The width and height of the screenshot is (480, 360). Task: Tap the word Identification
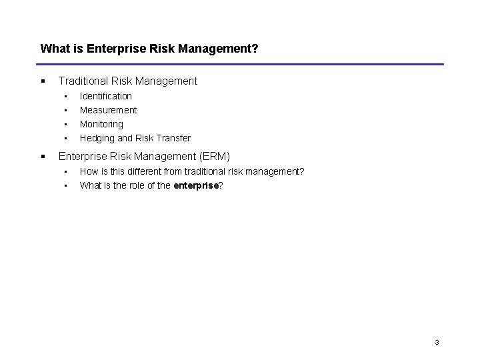pyautogui.click(x=106, y=96)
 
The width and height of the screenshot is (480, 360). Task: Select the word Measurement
pyautogui.click(x=108, y=110)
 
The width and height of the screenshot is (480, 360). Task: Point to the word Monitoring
pyautogui.click(x=101, y=124)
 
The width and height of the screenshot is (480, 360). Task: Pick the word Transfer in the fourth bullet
pyautogui.click(x=173, y=138)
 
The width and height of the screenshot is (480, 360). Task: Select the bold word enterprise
pyautogui.click(x=196, y=186)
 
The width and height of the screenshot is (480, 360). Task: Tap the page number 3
pyautogui.click(x=437, y=343)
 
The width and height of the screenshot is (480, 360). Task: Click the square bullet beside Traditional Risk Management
pyautogui.click(x=43, y=81)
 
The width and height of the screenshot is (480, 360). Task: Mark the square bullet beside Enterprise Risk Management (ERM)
pyautogui.click(x=43, y=157)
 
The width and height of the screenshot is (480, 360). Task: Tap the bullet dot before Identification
pyautogui.click(x=66, y=96)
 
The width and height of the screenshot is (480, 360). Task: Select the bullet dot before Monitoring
pyautogui.click(x=66, y=124)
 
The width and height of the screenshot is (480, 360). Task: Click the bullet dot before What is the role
pyautogui.click(x=66, y=186)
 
